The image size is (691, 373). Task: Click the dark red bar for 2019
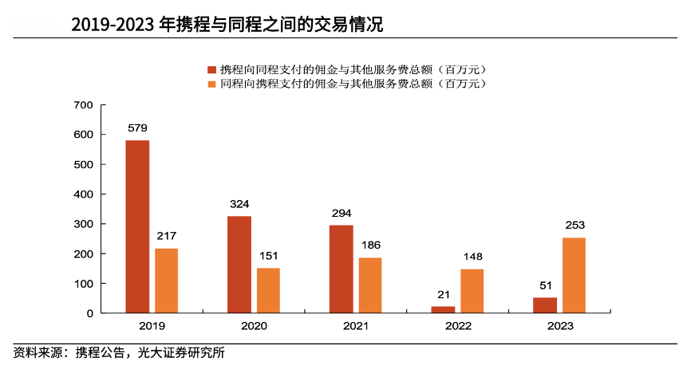pyautogui.click(x=137, y=227)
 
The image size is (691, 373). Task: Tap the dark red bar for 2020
pyautogui.click(x=239, y=265)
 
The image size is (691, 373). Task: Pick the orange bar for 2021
pyautogui.click(x=370, y=285)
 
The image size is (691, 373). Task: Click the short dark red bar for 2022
pyautogui.click(x=443, y=310)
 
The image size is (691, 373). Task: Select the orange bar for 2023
pyautogui.click(x=574, y=276)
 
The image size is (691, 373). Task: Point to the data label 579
pyautogui.click(x=137, y=128)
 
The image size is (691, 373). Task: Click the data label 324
pyautogui.click(x=239, y=204)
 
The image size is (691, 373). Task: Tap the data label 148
pyautogui.click(x=472, y=257)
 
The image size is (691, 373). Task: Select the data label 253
pyautogui.click(x=575, y=225)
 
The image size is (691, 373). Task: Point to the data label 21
pyautogui.click(x=443, y=294)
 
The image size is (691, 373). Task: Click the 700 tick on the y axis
pyautogui.click(x=84, y=105)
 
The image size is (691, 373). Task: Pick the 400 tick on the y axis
pyautogui.click(x=84, y=194)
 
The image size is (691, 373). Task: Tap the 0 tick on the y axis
pyautogui.click(x=90, y=313)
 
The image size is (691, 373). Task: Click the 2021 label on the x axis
pyautogui.click(x=356, y=326)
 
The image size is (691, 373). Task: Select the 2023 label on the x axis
pyautogui.click(x=560, y=326)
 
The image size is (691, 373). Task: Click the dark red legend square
pyautogui.click(x=211, y=69)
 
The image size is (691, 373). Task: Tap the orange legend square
pyautogui.click(x=211, y=83)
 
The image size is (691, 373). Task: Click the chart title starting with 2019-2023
pyautogui.click(x=227, y=26)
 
